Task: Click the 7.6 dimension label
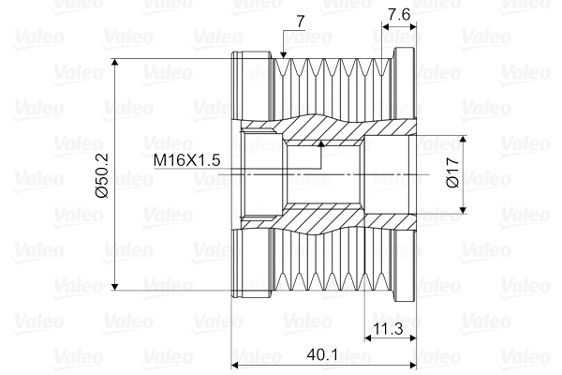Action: point(398,15)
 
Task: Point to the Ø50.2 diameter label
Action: point(103,174)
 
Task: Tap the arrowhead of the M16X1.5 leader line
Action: point(320,144)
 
